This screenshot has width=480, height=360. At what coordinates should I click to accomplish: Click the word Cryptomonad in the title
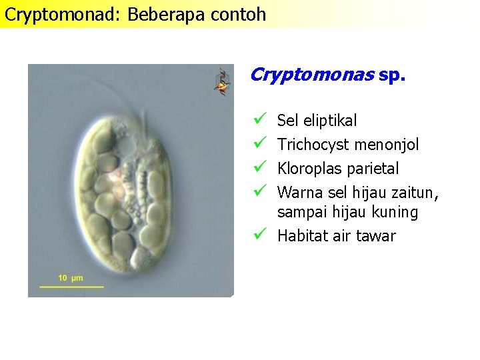point(62,14)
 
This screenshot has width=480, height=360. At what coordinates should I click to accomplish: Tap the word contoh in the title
point(236,14)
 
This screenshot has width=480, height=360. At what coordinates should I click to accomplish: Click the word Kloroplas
point(309,169)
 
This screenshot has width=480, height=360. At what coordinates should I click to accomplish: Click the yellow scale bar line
point(71,287)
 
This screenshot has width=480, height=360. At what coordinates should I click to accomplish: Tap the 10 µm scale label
point(71,277)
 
